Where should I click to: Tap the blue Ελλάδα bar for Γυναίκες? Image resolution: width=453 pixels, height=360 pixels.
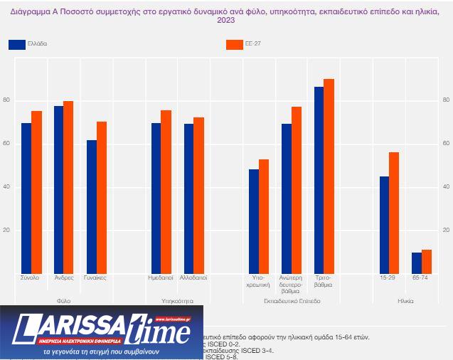[x=91, y=206]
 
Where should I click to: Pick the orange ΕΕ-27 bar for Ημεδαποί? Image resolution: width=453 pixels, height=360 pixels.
[x=166, y=191]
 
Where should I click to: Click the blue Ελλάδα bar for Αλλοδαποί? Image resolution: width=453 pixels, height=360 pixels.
[x=188, y=198]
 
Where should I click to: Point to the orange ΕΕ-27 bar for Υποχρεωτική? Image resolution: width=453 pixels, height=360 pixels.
[x=264, y=216]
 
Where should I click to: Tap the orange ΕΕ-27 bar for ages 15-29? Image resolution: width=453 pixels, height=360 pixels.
[x=394, y=213]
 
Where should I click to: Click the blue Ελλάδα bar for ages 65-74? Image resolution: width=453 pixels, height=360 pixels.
[x=417, y=263]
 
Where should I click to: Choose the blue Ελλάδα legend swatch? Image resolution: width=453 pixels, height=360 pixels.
[x=17, y=44]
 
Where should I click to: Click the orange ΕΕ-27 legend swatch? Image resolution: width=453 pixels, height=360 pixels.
[x=235, y=44]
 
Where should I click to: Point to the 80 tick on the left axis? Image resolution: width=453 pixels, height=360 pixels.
[x=6, y=100]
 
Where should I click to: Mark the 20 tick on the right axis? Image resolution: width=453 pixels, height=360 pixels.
[x=446, y=231]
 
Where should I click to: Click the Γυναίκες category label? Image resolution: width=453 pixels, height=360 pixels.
[x=95, y=277]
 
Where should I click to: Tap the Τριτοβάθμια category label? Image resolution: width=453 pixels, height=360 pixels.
[x=324, y=281]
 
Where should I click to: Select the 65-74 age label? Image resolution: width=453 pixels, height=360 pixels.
[x=421, y=277]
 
